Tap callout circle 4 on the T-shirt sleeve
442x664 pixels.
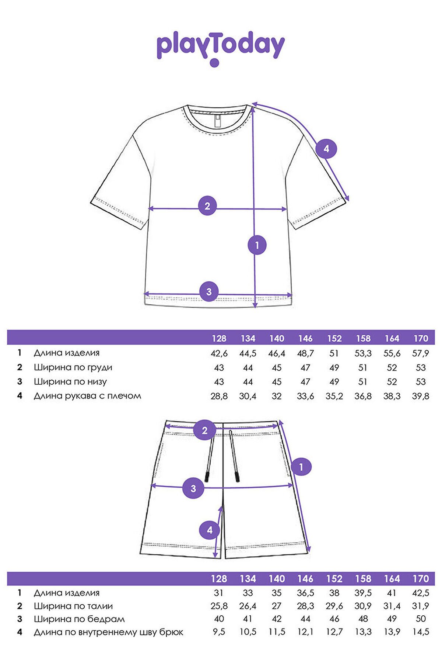pyautogui.click(x=326, y=149)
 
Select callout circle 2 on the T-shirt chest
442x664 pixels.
pyautogui.click(x=207, y=206)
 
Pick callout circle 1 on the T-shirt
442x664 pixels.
pyautogui.click(x=257, y=245)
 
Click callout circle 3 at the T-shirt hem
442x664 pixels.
pyautogui.click(x=209, y=291)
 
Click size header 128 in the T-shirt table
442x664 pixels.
pyautogui.click(x=219, y=338)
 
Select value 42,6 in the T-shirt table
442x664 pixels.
pyautogui.click(x=219, y=353)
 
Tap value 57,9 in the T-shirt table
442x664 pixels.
pyautogui.click(x=421, y=353)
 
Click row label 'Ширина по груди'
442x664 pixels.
pyautogui.click(x=73, y=367)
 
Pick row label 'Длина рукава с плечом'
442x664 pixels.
pyautogui.click(x=87, y=396)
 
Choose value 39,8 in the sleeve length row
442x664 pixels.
pyautogui.click(x=421, y=396)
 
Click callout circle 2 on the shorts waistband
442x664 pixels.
pyautogui.click(x=205, y=430)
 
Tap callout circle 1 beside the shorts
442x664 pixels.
pyautogui.click(x=301, y=467)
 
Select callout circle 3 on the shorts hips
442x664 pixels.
pyautogui.click(x=193, y=488)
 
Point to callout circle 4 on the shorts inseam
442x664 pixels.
pyautogui.click(x=210, y=530)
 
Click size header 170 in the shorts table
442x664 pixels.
pyautogui.click(x=421, y=579)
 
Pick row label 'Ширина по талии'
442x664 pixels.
pyautogui.click(x=73, y=606)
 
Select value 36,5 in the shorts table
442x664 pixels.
pyautogui.click(x=305, y=593)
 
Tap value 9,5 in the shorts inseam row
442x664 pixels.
pyautogui.click(x=219, y=632)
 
